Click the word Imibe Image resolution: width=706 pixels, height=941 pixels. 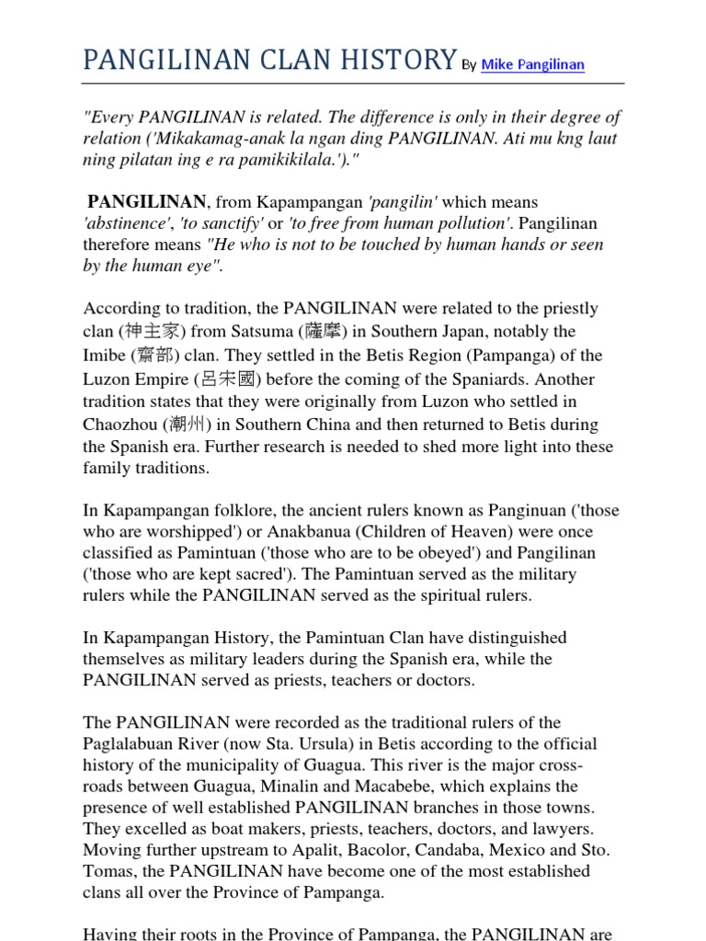(103, 356)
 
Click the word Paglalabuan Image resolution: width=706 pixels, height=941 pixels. (136, 744)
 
